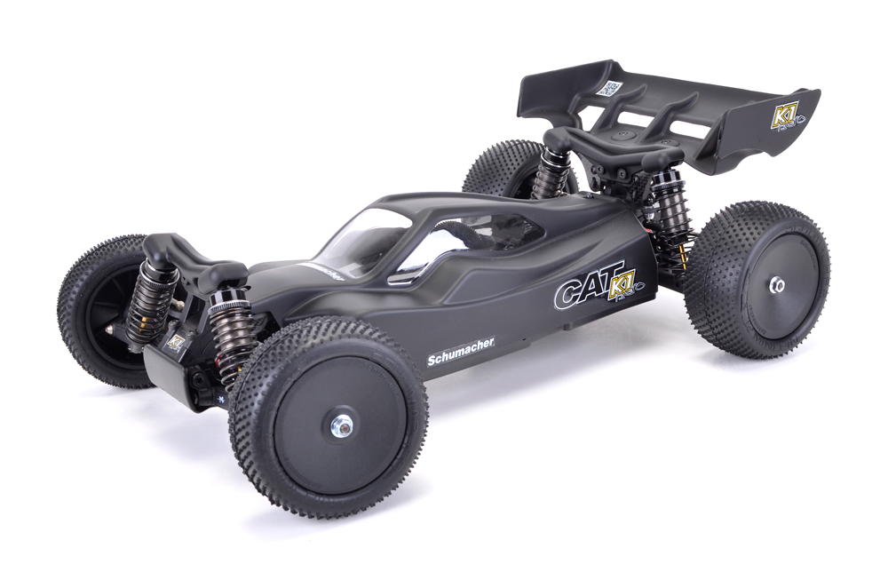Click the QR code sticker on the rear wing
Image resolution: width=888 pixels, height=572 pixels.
click(x=609, y=88)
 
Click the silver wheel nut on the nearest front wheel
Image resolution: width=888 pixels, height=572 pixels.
click(x=340, y=427)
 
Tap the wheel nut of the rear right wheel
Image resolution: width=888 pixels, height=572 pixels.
click(x=777, y=285)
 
